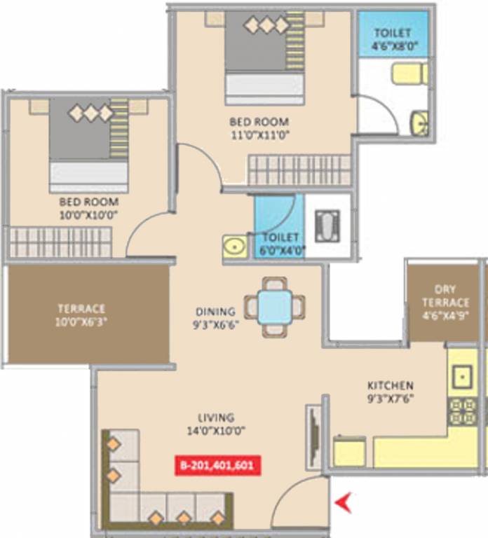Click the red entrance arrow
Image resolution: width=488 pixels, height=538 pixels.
click(343, 502)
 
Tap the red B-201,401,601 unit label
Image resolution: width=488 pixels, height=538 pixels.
click(217, 465)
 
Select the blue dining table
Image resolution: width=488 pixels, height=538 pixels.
click(274, 307)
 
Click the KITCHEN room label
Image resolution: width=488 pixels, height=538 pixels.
click(391, 385)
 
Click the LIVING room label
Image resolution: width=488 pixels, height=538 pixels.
click(216, 418)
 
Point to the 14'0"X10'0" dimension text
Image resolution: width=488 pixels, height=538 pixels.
click(216, 430)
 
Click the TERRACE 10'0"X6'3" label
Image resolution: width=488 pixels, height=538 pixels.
click(82, 315)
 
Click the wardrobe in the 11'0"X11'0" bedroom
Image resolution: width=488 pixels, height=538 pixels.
click(299, 170)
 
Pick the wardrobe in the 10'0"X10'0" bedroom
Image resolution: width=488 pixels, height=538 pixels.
click(60, 242)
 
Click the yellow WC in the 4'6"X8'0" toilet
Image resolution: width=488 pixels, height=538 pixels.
click(409, 74)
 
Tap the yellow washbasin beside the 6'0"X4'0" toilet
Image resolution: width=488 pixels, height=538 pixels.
click(235, 247)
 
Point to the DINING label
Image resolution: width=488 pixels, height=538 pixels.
click(215, 312)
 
